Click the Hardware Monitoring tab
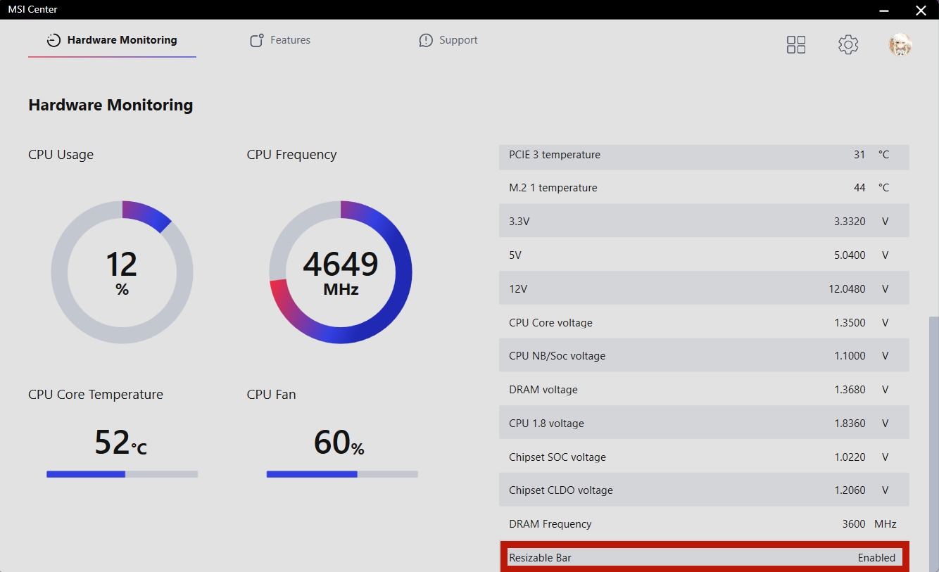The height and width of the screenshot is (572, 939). coord(113,40)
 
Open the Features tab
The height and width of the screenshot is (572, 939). coord(280,40)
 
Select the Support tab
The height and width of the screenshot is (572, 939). coord(448,40)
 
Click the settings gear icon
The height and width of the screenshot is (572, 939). coord(848,45)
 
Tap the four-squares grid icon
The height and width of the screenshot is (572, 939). coord(796,45)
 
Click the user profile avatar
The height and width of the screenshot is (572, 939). coord(900,45)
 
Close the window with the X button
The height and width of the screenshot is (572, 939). coord(921,10)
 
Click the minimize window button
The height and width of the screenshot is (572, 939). coord(885,10)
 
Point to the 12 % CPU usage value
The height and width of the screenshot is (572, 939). coord(122,272)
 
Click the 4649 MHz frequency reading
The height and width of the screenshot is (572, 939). coord(341,272)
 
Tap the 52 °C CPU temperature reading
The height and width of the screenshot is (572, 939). coord(120,443)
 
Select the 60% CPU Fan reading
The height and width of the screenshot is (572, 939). coord(339,443)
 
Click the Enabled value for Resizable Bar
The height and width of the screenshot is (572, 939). coord(876,558)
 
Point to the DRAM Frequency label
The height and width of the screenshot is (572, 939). coord(550,524)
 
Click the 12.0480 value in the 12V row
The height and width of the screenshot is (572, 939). coord(847,288)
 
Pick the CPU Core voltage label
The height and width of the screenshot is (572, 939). coord(550,323)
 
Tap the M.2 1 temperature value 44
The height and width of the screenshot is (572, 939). coord(859,188)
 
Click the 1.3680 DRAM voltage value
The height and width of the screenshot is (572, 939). coord(850,390)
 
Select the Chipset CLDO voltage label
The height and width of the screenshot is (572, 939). coord(560,490)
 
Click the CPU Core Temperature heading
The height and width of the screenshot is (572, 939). coord(96,395)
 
